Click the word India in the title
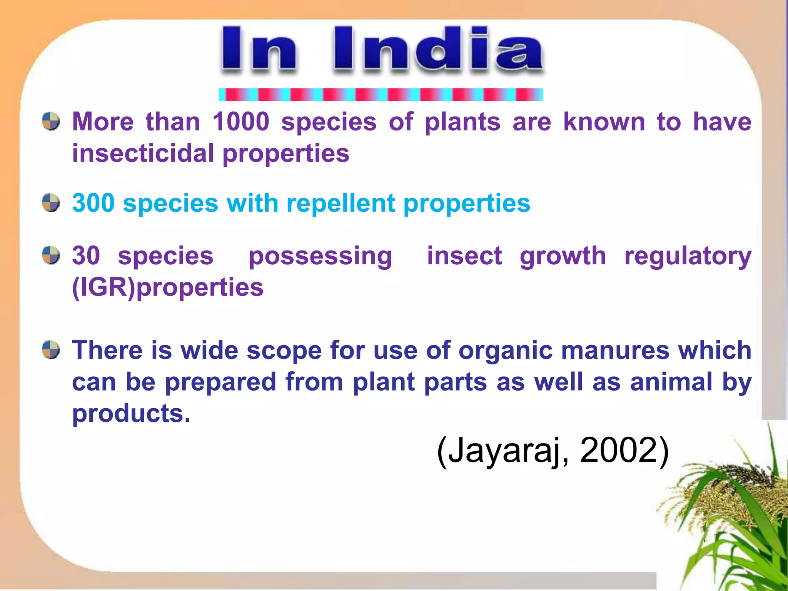click(438, 50)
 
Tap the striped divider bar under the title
click(381, 94)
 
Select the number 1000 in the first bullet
click(241, 122)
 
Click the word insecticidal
click(143, 154)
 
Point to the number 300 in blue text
click(93, 203)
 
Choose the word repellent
click(341, 204)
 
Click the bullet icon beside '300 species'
click(51, 203)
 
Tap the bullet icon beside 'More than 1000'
click(51, 122)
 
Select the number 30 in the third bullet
click(86, 255)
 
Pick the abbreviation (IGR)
click(104, 287)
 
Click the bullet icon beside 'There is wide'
click(51, 349)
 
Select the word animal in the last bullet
click(671, 382)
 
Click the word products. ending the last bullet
click(131, 414)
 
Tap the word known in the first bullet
click(604, 122)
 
